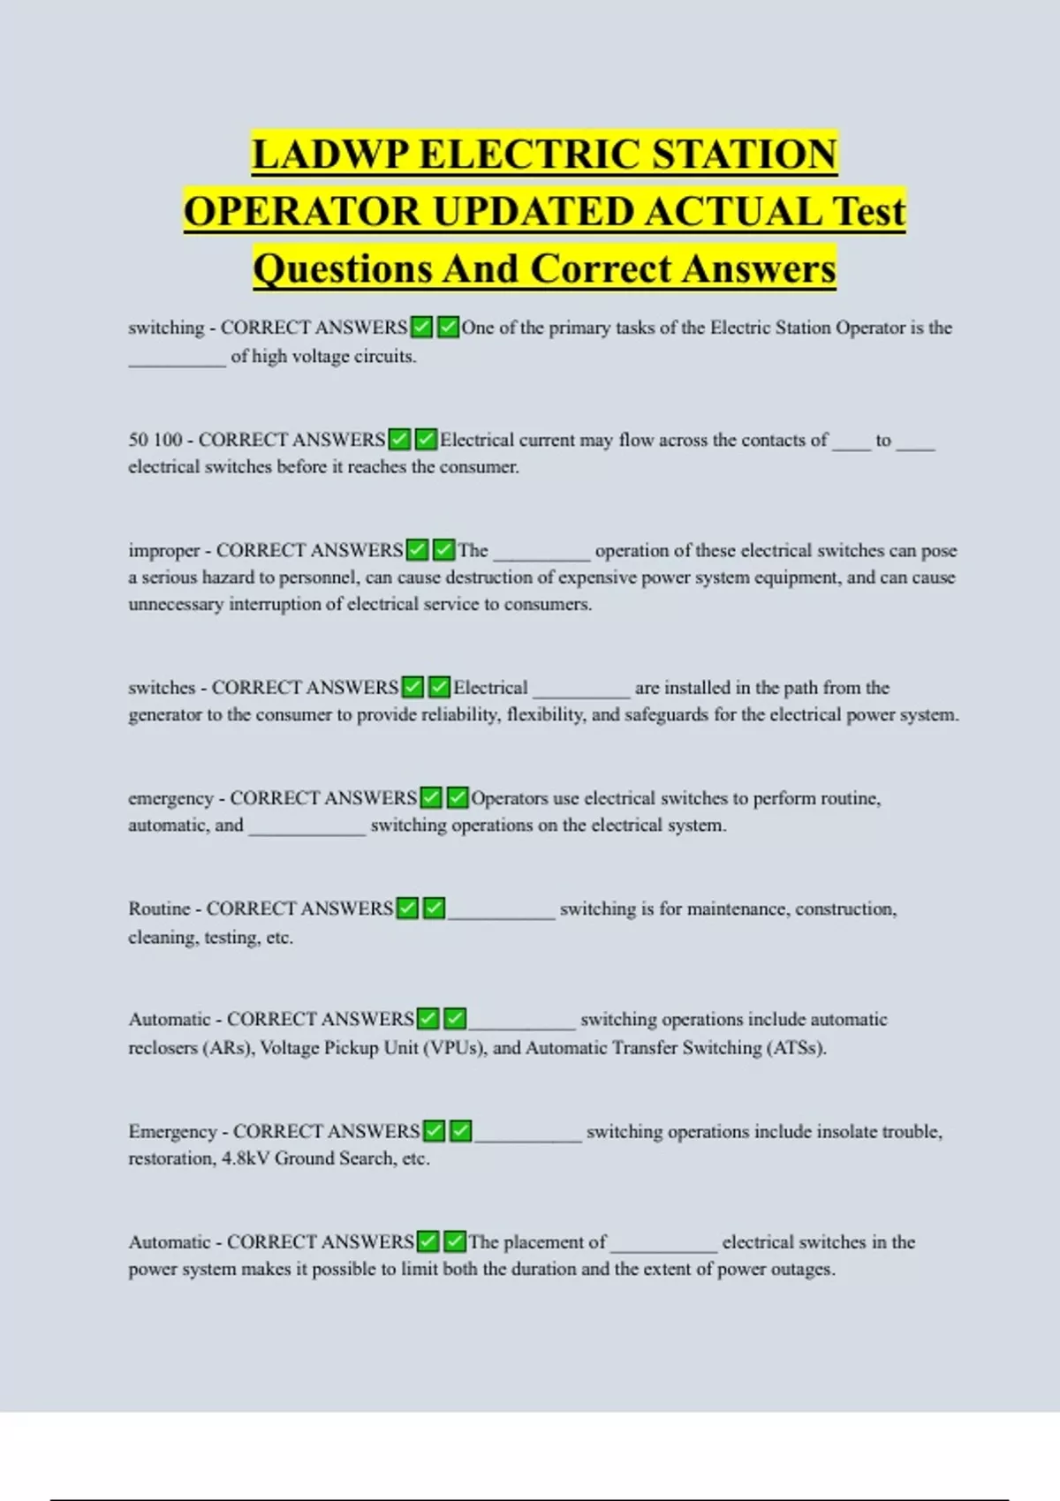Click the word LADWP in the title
[x=330, y=154]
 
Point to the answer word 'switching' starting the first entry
[x=165, y=328]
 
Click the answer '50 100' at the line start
[x=155, y=440]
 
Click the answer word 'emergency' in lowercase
[x=170, y=799]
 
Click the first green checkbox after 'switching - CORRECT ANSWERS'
[x=421, y=328]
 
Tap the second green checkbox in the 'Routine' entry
[x=434, y=909]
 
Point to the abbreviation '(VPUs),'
[x=455, y=1048]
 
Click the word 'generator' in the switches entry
[x=165, y=714]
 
